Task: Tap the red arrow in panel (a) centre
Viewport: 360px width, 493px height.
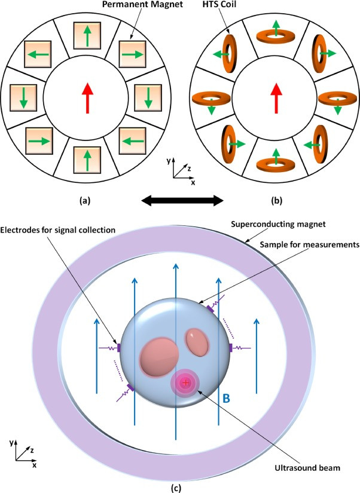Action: (x=87, y=98)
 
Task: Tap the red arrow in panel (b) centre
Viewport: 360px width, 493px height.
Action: (x=276, y=98)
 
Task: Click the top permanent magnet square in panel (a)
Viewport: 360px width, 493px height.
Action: (x=87, y=35)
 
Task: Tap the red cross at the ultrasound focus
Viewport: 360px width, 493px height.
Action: (x=185, y=382)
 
